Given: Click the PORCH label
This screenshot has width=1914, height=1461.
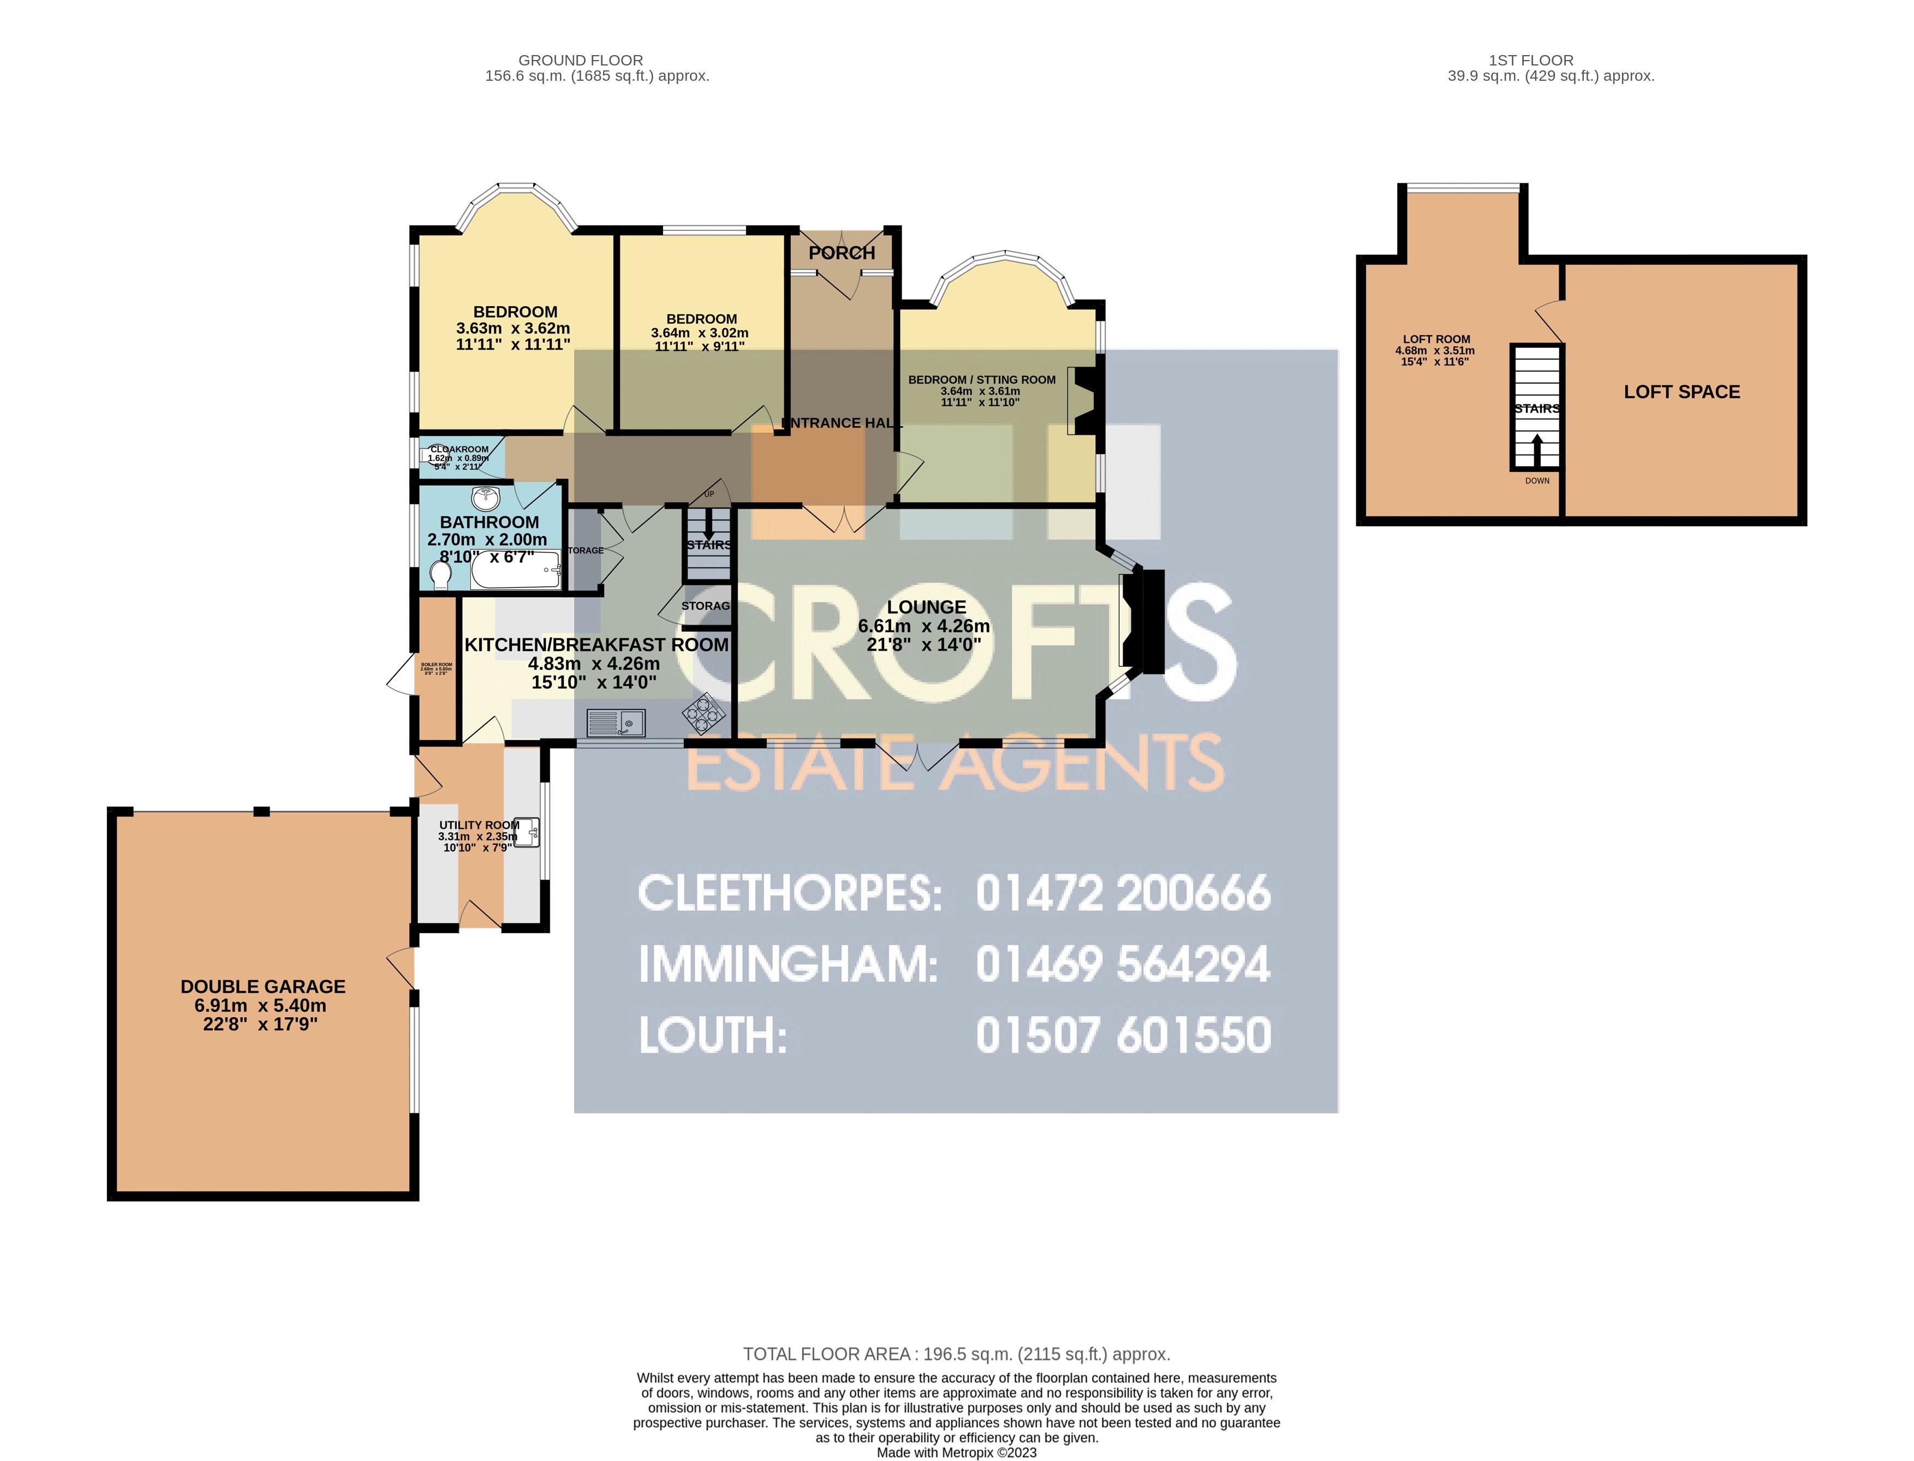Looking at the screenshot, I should pos(841,252).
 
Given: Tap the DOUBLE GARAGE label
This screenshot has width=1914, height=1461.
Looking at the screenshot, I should pos(263,986).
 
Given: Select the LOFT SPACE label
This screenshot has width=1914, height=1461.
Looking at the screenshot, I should pos(1681,391).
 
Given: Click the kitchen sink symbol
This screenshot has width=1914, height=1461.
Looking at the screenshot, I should pos(615,722).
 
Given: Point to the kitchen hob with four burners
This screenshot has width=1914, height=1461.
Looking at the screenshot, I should pos(703,713).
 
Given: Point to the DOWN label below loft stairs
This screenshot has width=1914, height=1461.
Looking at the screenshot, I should pos(1536,481).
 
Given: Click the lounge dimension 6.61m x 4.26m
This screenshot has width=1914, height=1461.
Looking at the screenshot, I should pos(923,626).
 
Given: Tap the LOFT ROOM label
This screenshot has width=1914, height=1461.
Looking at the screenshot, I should pos(1436,339).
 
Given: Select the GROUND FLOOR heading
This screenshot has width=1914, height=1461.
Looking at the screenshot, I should pos(580,60).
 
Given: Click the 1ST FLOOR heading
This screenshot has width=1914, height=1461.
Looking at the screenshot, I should pos(1530,60).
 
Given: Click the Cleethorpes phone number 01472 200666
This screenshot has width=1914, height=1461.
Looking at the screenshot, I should pos(1123,893).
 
